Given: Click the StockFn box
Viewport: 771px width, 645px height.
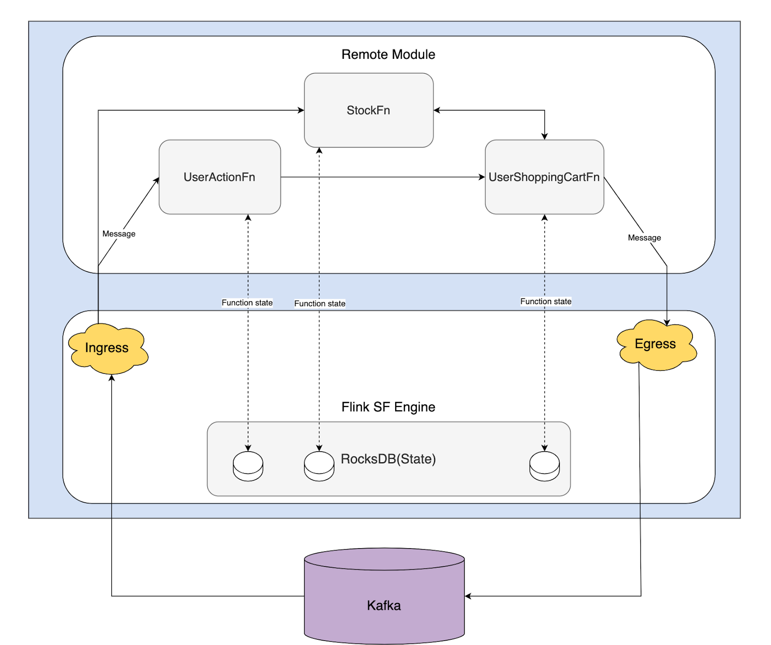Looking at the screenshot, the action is pyautogui.click(x=369, y=110).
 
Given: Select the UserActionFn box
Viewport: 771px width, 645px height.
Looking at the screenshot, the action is pyautogui.click(x=220, y=177).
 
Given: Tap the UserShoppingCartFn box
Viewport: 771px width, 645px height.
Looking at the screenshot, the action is pyautogui.click(x=545, y=177).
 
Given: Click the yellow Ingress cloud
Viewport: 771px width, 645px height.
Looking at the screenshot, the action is pyautogui.click(x=108, y=349).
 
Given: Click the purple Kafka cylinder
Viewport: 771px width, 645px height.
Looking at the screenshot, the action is pyautogui.click(x=384, y=596).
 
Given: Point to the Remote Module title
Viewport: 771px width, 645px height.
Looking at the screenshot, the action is pyautogui.click(x=388, y=54).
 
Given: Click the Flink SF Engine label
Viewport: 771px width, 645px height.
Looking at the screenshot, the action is pyautogui.click(x=388, y=407).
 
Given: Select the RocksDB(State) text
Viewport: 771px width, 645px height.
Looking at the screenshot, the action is pyautogui.click(x=388, y=459).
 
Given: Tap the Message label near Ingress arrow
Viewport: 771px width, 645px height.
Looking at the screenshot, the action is pyautogui.click(x=119, y=234).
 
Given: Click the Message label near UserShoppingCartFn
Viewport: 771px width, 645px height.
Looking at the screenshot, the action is pyautogui.click(x=644, y=238).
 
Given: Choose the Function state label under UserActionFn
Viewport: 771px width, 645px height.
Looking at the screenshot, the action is pyautogui.click(x=247, y=303).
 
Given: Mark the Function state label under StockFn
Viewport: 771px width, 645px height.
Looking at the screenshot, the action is pyautogui.click(x=320, y=304).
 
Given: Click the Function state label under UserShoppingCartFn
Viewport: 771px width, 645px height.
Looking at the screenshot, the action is pyautogui.click(x=546, y=301).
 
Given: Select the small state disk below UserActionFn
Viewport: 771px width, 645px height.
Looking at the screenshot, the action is pyautogui.click(x=248, y=466).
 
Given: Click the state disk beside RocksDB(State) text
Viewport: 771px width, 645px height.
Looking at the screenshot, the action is pyautogui.click(x=319, y=466).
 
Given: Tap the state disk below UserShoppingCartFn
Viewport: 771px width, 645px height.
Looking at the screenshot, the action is pyautogui.click(x=545, y=466).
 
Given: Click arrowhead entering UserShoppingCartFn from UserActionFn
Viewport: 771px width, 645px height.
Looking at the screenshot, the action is pyautogui.click(x=482, y=177).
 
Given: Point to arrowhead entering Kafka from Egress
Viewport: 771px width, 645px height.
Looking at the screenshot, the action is pyautogui.click(x=468, y=596).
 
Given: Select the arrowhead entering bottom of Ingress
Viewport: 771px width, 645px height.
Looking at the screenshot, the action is pyautogui.click(x=112, y=378).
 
